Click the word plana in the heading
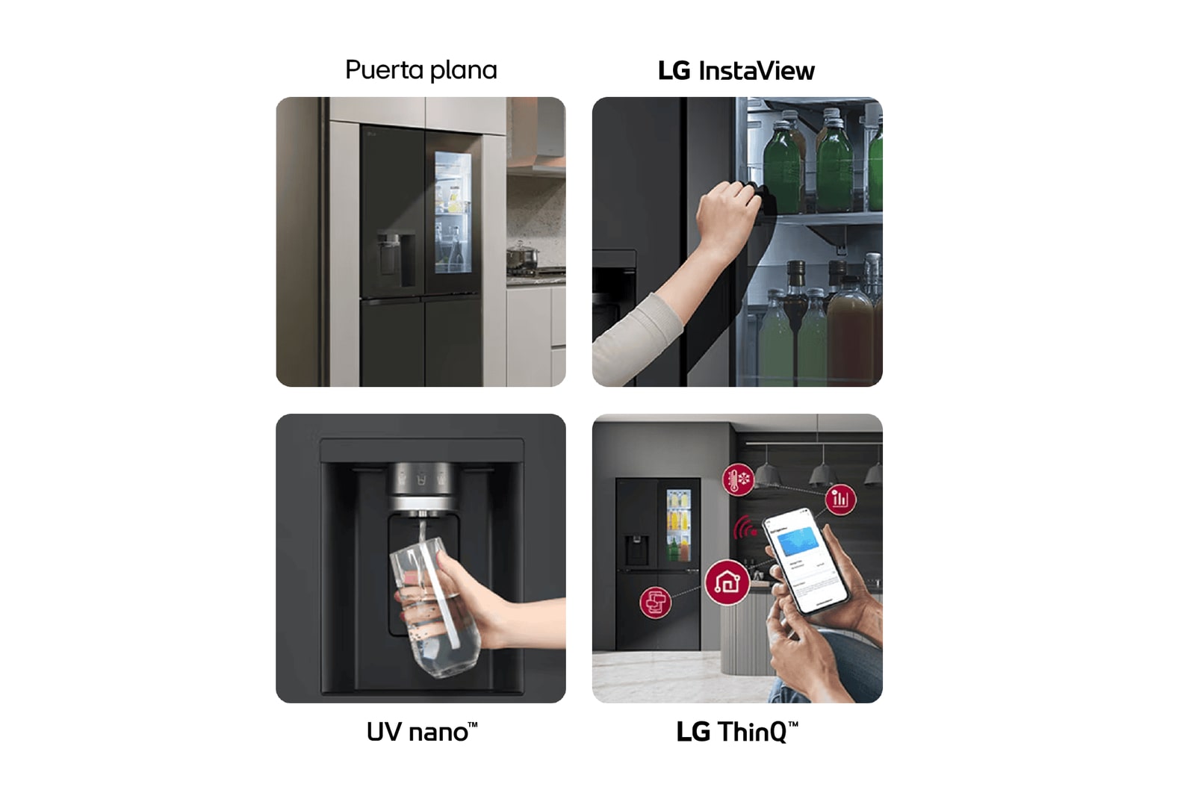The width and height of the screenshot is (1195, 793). point(463,70)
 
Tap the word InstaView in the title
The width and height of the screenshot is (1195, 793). point(756,71)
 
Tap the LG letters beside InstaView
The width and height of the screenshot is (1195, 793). point(674,71)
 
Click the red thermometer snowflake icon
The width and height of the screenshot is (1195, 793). point(738,479)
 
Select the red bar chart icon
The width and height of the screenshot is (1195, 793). point(840,499)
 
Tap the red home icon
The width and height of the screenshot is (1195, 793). point(727,582)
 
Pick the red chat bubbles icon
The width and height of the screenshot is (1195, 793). point(656,602)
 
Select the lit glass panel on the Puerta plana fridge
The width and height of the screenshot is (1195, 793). point(453,212)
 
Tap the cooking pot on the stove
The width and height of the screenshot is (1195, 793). point(522,257)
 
